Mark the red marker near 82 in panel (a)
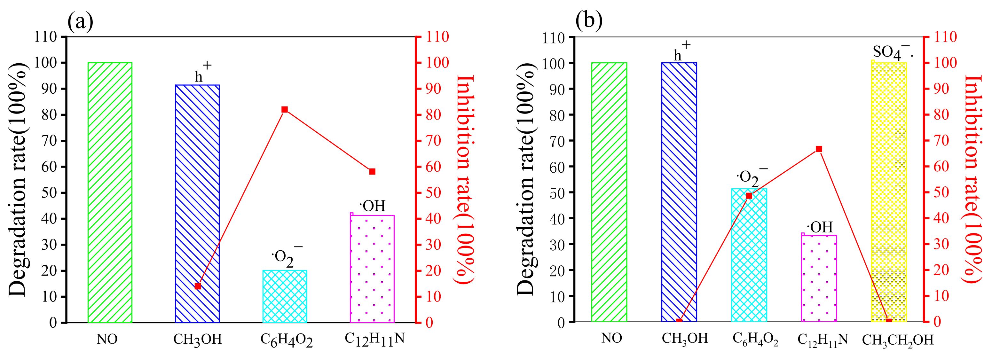coord(285,110)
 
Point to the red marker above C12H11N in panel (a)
coord(372,172)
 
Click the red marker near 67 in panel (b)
coord(819,149)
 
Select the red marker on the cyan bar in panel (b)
coord(749,196)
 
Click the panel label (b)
coord(588,20)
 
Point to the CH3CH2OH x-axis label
coord(898,340)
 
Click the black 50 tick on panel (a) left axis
coord(49,192)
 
